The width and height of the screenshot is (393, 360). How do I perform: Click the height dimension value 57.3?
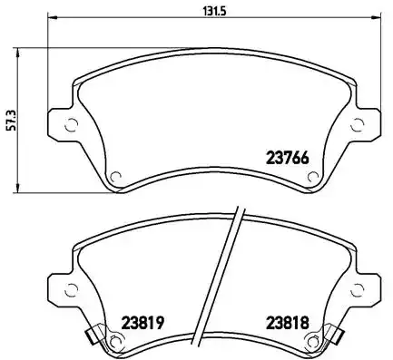pos(10,121)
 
